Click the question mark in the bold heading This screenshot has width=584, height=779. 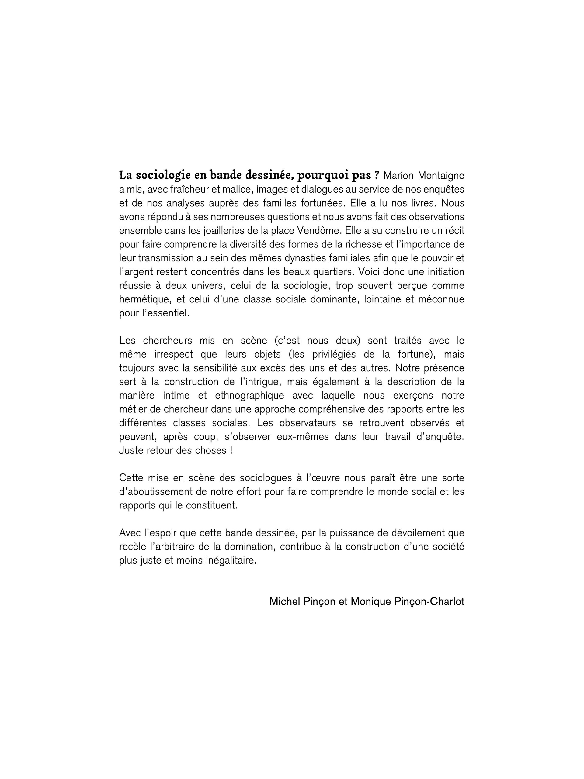click(x=377, y=175)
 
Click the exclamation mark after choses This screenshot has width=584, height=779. click(x=231, y=450)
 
